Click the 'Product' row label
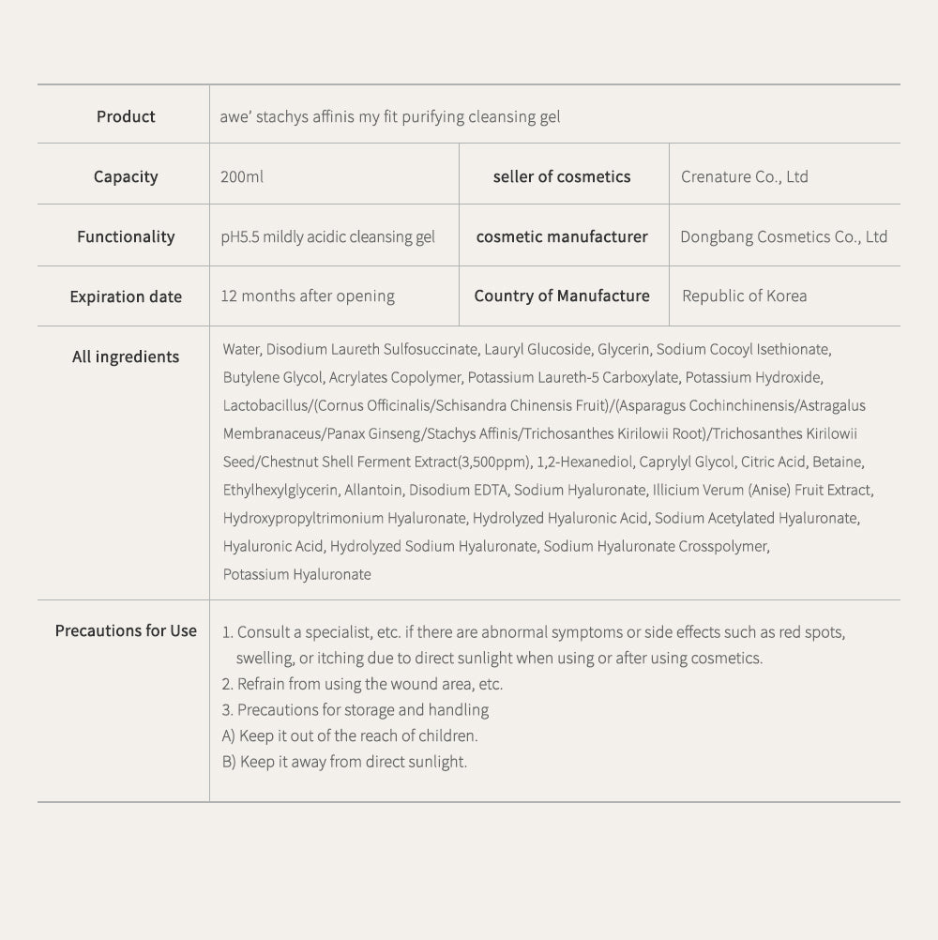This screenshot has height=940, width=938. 126,116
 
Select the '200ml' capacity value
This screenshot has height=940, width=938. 242,176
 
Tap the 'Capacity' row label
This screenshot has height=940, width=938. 126,176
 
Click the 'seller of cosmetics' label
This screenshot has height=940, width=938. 562,176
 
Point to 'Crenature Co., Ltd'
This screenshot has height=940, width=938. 745,176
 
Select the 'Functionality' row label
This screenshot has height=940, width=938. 126,236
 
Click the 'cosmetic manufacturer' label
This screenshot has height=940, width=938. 562,236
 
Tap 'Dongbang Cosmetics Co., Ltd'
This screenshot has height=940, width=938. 783,236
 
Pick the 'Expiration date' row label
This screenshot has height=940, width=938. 126,296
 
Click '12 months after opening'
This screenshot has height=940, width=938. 308,296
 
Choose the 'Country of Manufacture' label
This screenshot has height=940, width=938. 562,296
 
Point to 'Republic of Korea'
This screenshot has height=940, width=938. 744,296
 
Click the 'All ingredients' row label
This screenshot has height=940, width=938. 126,356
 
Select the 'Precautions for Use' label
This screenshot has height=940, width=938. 126,630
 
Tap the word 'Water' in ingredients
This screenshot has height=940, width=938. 241,349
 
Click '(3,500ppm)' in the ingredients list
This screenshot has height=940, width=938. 496,462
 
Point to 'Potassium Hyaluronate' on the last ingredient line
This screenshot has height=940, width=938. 296,574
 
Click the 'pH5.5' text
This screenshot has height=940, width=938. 239,236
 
